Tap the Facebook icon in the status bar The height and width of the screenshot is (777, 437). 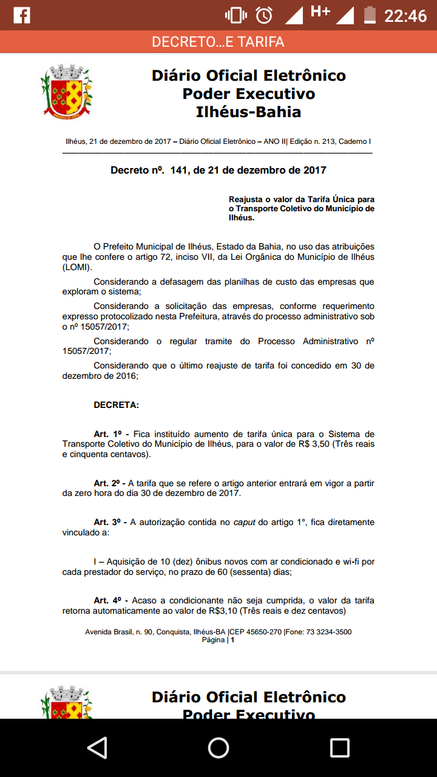coord(22,15)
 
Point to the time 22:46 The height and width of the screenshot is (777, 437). coord(405,15)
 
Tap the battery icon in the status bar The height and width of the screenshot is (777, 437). coord(369,15)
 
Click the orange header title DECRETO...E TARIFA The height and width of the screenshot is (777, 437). coord(218,42)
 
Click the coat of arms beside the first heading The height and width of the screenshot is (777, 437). coord(66,90)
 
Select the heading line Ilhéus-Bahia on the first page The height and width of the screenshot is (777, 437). coord(248,112)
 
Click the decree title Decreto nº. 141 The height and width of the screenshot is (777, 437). coord(218,171)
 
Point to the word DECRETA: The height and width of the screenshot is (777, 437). coord(116,405)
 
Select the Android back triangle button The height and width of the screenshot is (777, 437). coord(97,747)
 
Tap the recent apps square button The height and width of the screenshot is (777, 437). coord(339,747)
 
